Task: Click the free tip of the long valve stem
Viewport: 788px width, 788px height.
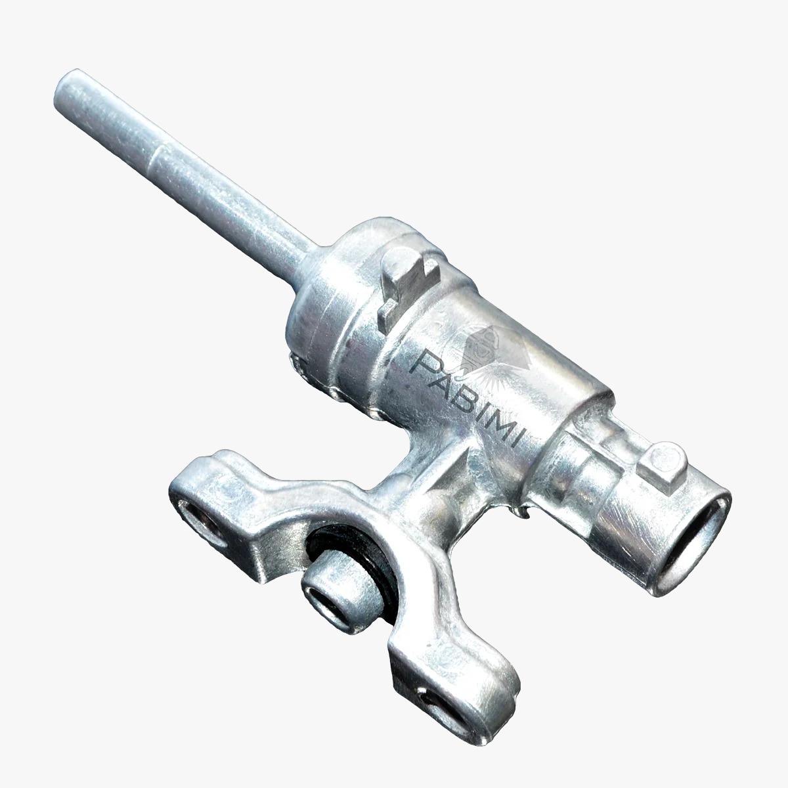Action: click(68, 88)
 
